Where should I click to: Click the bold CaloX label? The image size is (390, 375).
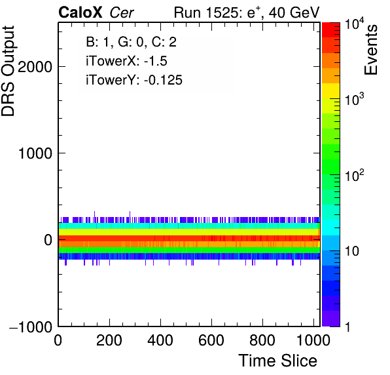coord(80,12)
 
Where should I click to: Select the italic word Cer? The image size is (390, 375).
coord(122,12)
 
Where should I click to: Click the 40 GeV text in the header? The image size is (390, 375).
coord(294,12)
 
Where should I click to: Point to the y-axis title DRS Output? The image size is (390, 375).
coord(8,71)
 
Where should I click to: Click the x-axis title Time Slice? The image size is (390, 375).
coord(278,361)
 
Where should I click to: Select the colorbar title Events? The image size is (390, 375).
coord(371,50)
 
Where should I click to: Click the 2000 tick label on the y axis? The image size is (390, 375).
coord(35,67)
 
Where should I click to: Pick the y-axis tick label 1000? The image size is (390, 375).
coord(35,153)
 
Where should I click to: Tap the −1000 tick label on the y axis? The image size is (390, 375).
coord(31,326)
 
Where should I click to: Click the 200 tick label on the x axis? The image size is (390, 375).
coord(109,340)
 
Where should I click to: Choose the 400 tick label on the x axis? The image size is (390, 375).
coord(160,340)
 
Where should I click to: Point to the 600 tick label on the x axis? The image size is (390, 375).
coord(211,340)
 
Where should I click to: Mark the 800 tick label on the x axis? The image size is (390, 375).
coord(262,340)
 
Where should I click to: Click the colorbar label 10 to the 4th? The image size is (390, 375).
coord(354,25)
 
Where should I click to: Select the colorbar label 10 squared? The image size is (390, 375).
coord(354,176)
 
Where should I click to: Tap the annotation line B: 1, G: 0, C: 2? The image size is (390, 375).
coord(131,42)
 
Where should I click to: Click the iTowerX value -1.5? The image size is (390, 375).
coord(156,61)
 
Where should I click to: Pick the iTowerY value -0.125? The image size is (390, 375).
coord(163,80)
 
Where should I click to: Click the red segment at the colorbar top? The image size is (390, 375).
coord(331,30)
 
